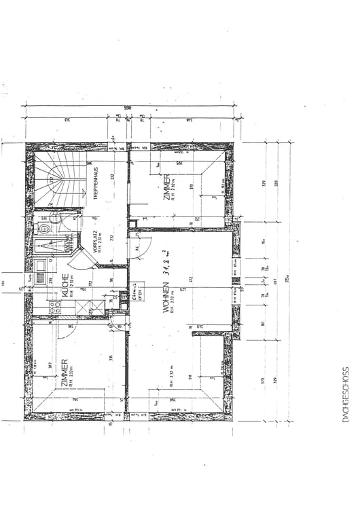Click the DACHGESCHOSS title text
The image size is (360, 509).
coord(345,396)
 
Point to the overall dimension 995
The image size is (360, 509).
coord(127,108)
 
